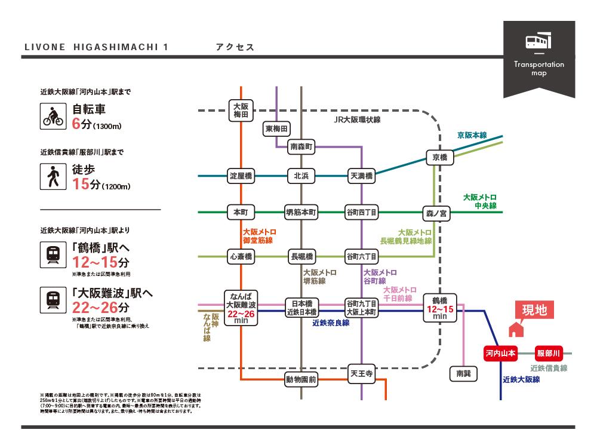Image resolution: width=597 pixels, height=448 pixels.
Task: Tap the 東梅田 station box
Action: coord(277,128)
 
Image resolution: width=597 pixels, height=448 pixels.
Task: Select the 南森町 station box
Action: coord(301,146)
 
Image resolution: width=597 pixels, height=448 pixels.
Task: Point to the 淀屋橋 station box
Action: coord(241,176)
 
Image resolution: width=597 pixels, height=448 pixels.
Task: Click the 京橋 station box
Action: coord(440,157)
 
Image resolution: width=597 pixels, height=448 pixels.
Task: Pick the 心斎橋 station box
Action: coord(241,256)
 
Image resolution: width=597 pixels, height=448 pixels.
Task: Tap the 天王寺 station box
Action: coord(361,375)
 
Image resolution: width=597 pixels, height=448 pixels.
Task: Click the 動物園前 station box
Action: coord(301,379)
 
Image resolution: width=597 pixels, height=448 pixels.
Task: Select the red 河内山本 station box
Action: coord(500,352)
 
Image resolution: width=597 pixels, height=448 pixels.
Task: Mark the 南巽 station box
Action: coord(463,373)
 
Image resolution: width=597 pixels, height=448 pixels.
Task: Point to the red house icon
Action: coord(515,329)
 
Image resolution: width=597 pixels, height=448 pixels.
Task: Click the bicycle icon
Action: coord(53,115)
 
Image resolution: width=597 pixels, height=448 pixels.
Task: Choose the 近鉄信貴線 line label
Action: coord(549,368)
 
